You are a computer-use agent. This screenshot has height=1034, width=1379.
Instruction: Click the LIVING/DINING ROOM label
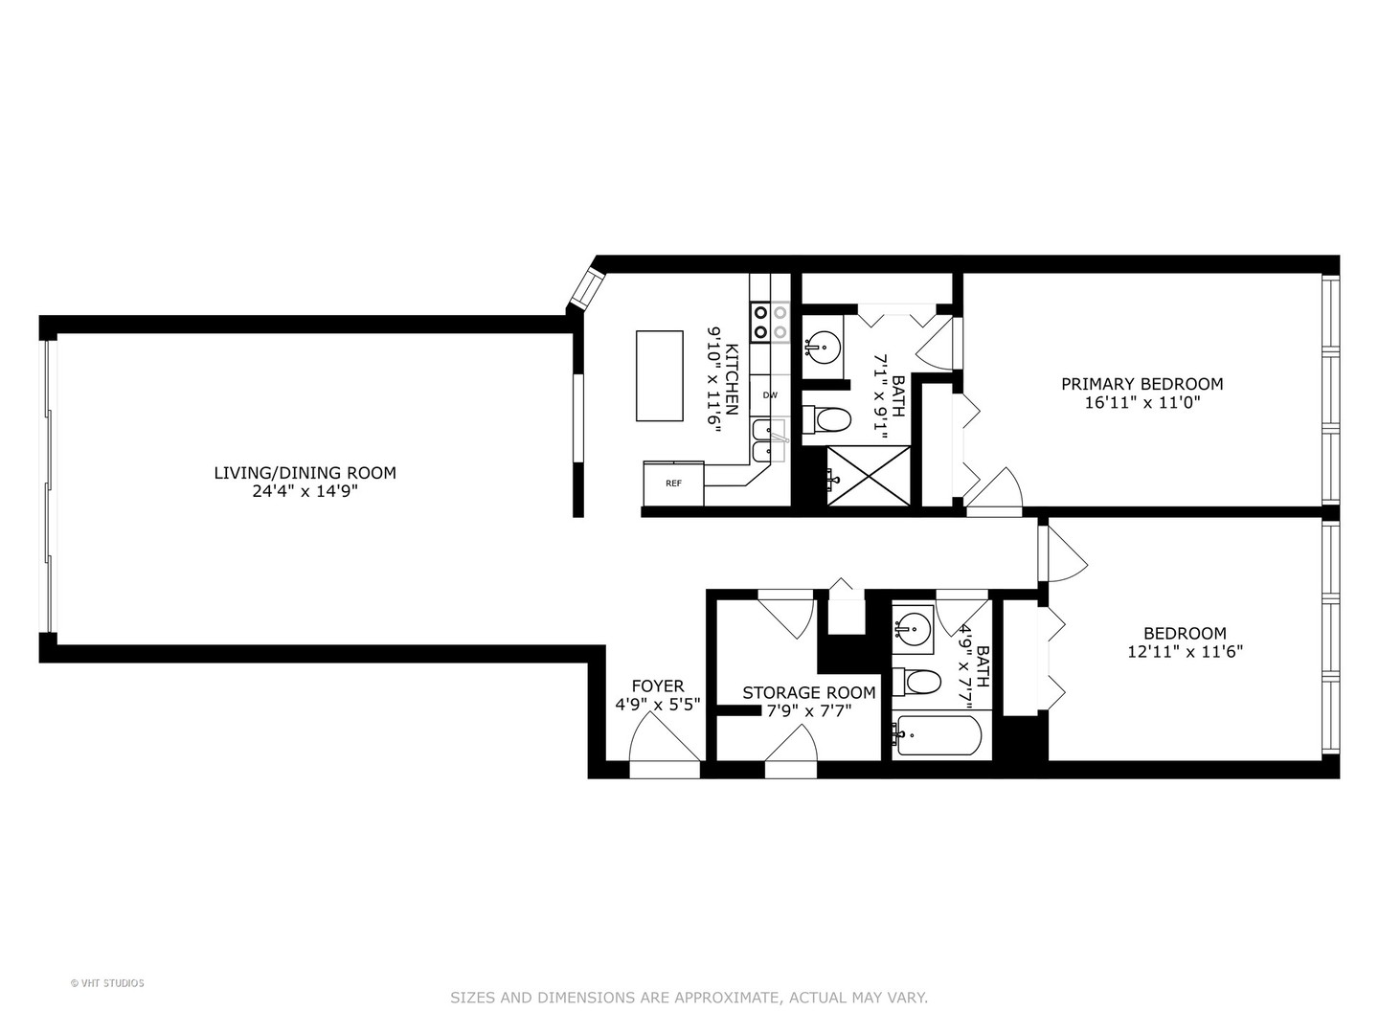pyautogui.click(x=305, y=472)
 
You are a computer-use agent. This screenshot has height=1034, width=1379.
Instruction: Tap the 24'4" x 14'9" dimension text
pyautogui.click(x=305, y=491)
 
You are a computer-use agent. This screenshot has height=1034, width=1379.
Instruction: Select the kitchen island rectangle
pyautogui.click(x=659, y=375)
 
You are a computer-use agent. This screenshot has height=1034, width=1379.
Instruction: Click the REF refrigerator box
pyautogui.click(x=673, y=483)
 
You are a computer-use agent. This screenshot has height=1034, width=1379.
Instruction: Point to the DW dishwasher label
pyautogui.click(x=770, y=394)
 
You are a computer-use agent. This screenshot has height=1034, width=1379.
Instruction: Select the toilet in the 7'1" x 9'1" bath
pyautogui.click(x=827, y=420)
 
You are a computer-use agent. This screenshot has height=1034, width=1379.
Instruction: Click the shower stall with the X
pyautogui.click(x=869, y=476)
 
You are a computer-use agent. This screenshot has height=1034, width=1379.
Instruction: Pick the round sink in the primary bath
pyautogui.click(x=822, y=343)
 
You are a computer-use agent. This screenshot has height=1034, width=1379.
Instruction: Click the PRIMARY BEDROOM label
pyautogui.click(x=1142, y=384)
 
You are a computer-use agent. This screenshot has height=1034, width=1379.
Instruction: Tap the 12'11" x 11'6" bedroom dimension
pyautogui.click(x=1185, y=652)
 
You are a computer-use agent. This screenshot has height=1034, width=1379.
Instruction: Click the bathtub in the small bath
pyautogui.click(x=938, y=735)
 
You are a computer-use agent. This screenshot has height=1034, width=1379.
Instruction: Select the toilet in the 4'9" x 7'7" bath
pyautogui.click(x=918, y=682)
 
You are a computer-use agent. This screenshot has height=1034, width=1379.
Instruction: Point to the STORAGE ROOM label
pyautogui.click(x=808, y=692)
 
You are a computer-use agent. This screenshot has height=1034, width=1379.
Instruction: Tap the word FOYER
pyautogui.click(x=657, y=686)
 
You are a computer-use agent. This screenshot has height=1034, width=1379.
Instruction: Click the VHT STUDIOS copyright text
pyautogui.click(x=107, y=983)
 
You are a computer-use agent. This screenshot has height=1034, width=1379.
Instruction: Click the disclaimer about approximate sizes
pyautogui.click(x=689, y=998)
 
